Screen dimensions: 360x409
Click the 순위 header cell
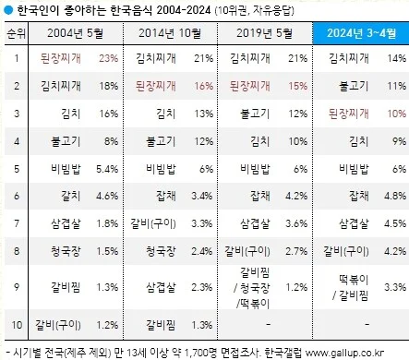point(16,33)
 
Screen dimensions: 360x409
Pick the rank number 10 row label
point(16,323)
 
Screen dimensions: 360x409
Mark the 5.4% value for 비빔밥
point(108,169)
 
